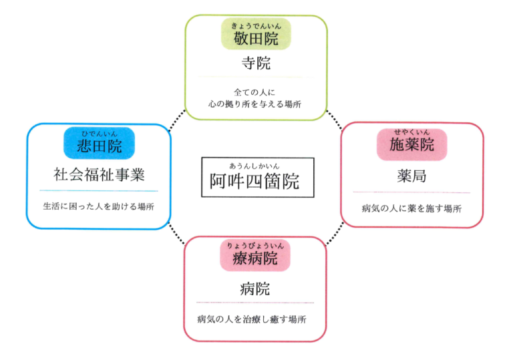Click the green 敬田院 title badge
(256, 34)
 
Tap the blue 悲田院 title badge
(99, 143)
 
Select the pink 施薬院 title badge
(412, 144)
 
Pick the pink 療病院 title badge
(255, 255)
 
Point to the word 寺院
(256, 63)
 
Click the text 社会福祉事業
(99, 174)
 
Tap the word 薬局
(412, 176)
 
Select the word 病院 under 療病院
(255, 289)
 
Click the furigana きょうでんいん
(256, 26)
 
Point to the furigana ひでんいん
(99, 134)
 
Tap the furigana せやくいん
(411, 132)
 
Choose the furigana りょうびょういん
(255, 246)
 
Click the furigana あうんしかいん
(254, 166)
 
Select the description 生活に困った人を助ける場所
(98, 206)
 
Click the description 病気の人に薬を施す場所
(411, 208)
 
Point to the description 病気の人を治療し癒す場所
(252, 319)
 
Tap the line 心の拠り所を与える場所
(255, 104)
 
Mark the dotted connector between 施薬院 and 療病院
(335, 233)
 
